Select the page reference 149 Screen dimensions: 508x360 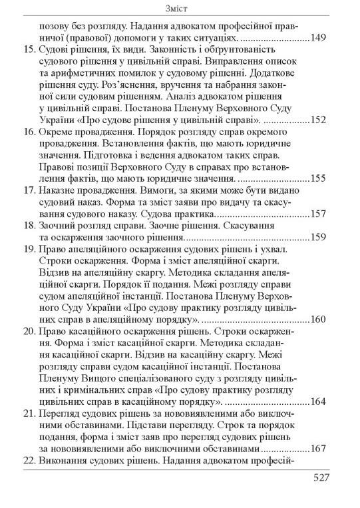tap(317, 39)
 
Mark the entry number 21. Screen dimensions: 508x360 tap(28, 413)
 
